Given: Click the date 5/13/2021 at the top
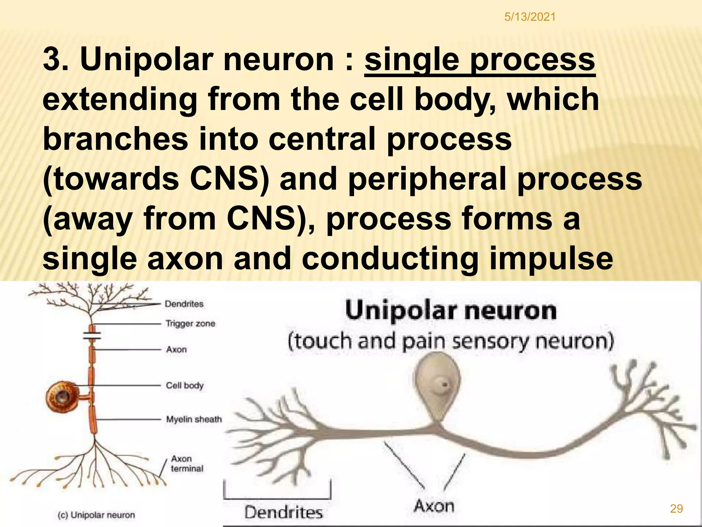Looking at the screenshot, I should click(530, 17).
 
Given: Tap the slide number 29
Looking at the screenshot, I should click(676, 508).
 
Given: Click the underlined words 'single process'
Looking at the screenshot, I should click(480, 60).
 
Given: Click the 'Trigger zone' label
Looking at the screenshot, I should click(190, 324).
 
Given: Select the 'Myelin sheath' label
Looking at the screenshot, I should click(194, 419).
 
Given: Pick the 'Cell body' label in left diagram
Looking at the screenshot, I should click(185, 386).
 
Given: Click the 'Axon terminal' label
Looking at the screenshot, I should click(186, 464).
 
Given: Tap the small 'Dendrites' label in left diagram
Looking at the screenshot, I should click(184, 304).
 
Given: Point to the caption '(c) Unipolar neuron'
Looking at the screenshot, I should click(96, 515).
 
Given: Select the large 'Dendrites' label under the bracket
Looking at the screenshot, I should click(283, 512).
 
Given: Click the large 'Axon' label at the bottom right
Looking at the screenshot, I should click(434, 506).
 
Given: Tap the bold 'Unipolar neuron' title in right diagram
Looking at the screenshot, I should click(451, 311).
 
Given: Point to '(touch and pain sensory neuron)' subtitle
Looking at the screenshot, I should click(450, 342).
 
